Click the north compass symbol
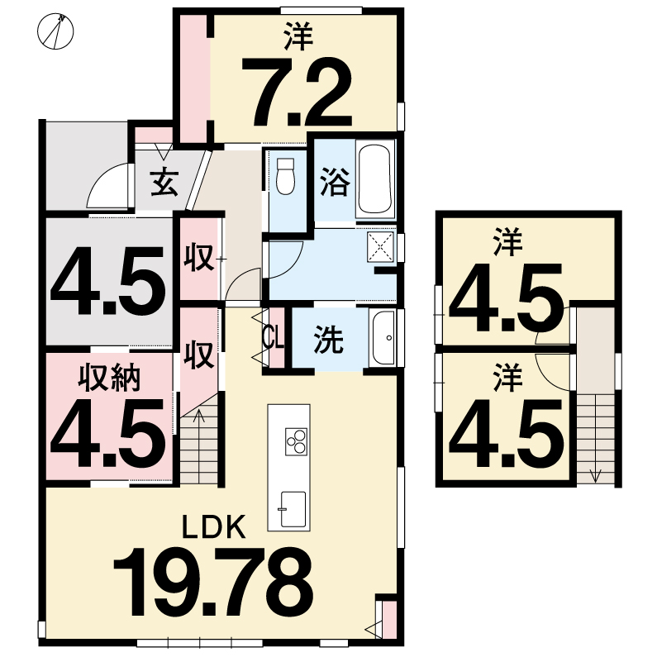pos(55,31)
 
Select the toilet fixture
pos(286,176)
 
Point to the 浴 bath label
pos(335,183)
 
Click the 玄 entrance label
pos(164,183)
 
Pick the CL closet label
pos(274,337)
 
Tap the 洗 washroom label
pos(329,340)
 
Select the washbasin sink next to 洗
pos(383,338)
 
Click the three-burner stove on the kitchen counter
pos(296,441)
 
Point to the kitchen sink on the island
pos(293,510)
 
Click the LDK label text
pos(214,527)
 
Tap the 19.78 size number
pos(214,583)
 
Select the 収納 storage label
pos(109,378)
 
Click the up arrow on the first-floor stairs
pos(199,417)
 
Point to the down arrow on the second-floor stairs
pos(595,474)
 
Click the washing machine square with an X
pos(380,247)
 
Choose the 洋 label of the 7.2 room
pos(298,36)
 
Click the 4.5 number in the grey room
pos(107,281)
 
